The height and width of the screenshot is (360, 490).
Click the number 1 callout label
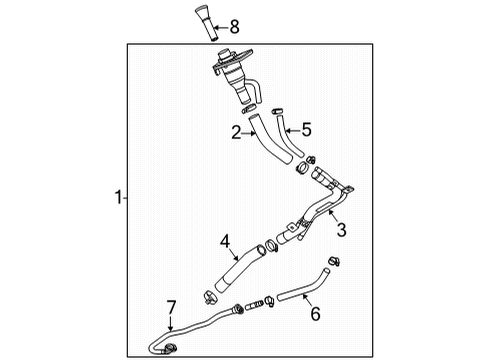click(x=117, y=199)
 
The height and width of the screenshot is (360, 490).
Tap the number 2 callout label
click(x=237, y=131)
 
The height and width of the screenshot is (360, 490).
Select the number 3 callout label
click(x=341, y=232)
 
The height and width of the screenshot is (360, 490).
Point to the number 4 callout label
click(x=226, y=241)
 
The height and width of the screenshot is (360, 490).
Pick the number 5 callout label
click(x=307, y=129)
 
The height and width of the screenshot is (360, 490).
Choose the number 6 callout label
click(x=314, y=314)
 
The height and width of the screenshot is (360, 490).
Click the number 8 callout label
click(x=234, y=25)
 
